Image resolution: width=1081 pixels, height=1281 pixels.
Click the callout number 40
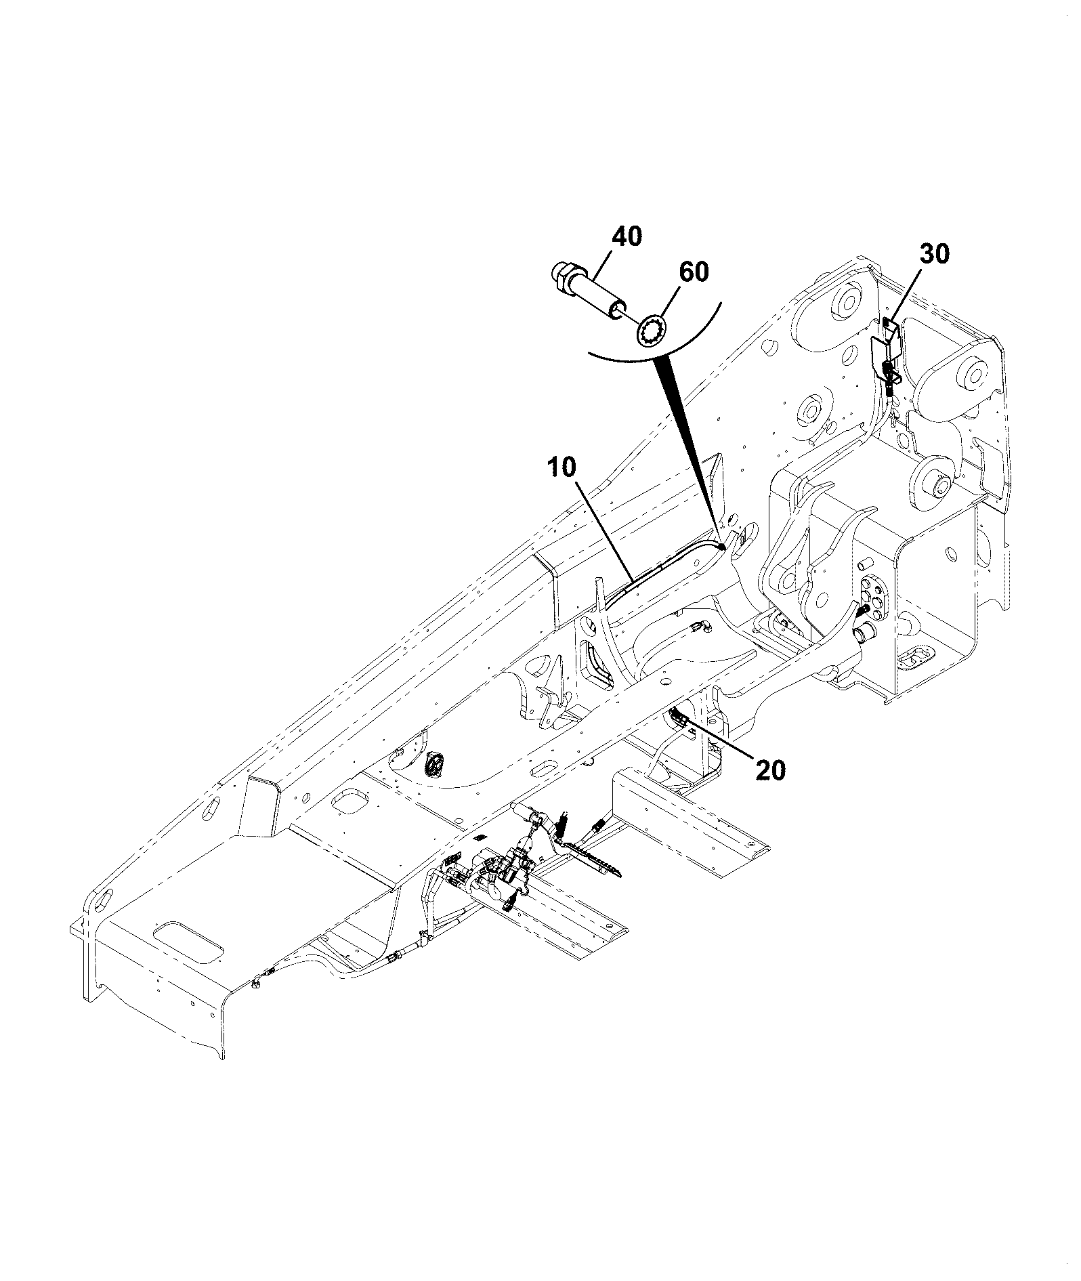tap(627, 238)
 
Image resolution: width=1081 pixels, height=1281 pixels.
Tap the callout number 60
tap(694, 272)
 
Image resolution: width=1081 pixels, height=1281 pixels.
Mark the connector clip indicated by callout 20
tap(678, 719)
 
